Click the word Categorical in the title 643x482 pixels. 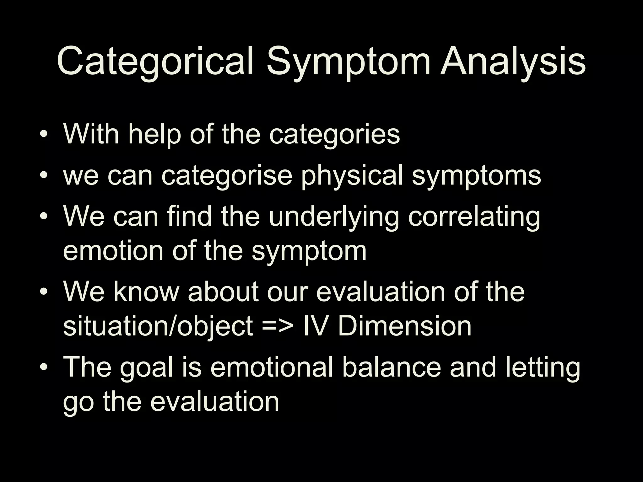point(155,62)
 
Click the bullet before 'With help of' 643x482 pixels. point(44,135)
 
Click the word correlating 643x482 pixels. point(474,217)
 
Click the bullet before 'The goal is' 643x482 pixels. point(44,367)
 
